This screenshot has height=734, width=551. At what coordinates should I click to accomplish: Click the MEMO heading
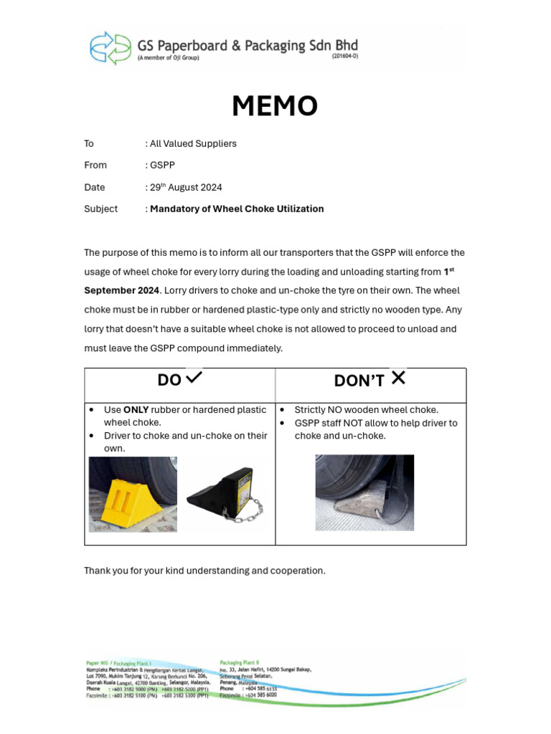pyautogui.click(x=275, y=106)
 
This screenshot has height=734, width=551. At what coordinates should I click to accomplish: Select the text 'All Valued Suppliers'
pyautogui.click(x=193, y=143)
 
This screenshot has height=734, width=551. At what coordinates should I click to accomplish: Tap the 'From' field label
pyautogui.click(x=95, y=165)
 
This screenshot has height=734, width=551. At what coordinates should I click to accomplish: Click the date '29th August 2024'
pyautogui.click(x=186, y=187)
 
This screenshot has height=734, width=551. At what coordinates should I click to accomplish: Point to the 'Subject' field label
pyautogui.click(x=100, y=209)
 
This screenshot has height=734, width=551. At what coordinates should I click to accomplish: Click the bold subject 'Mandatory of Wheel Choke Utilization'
pyautogui.click(x=237, y=209)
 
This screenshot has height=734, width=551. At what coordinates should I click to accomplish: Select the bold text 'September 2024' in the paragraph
pyautogui.click(x=121, y=290)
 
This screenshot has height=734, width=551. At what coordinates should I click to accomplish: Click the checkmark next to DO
pyautogui.click(x=194, y=376)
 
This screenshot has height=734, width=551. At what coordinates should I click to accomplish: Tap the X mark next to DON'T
pyautogui.click(x=398, y=377)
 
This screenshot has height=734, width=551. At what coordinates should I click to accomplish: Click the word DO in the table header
pyautogui.click(x=169, y=380)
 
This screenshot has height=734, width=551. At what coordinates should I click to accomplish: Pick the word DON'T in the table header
pyautogui.click(x=359, y=381)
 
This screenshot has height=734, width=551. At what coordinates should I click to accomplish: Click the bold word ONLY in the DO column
pyautogui.click(x=136, y=410)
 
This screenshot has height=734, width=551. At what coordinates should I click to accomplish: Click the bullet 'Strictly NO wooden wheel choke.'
pyautogui.click(x=366, y=410)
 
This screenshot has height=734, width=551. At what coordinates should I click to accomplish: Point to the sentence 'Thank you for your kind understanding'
pyautogui.click(x=204, y=571)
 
